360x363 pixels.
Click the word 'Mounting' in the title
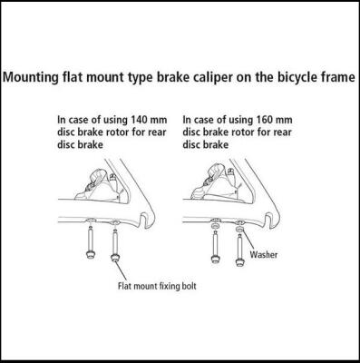click(x=34, y=78)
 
